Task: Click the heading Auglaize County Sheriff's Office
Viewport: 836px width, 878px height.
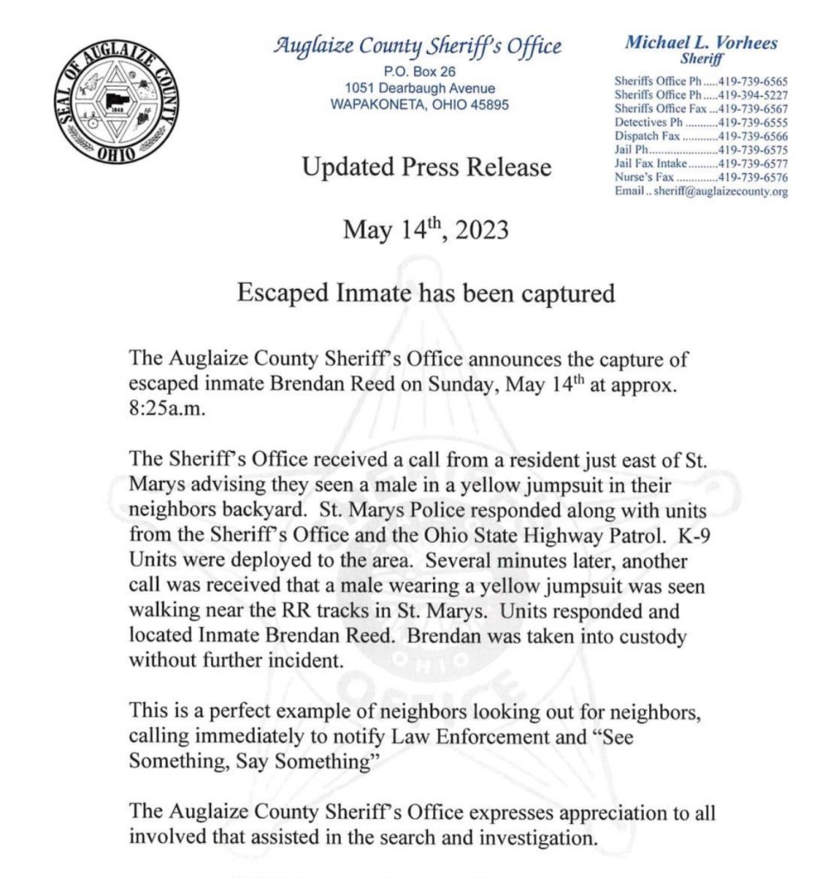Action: [x=418, y=45]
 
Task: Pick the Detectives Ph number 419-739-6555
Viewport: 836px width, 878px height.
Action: [x=752, y=123]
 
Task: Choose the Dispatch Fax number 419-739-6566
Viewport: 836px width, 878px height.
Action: [x=752, y=136]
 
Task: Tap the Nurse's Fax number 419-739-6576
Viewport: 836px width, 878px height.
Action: [x=752, y=177]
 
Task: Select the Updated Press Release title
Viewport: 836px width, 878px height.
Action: [x=426, y=167]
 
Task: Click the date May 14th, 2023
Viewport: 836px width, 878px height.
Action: [x=426, y=231]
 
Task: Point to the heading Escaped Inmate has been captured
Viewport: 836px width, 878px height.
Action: [x=426, y=293]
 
